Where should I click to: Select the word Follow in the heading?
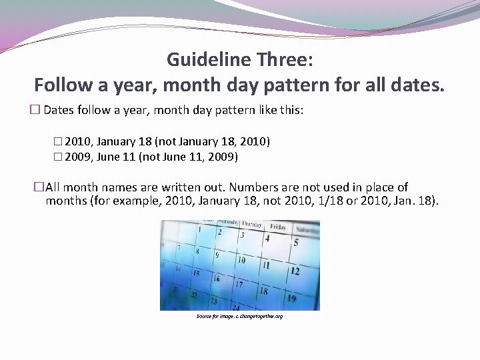61,85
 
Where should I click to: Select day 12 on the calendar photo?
295,271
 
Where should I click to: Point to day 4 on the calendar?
267,238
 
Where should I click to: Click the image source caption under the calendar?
239,316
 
